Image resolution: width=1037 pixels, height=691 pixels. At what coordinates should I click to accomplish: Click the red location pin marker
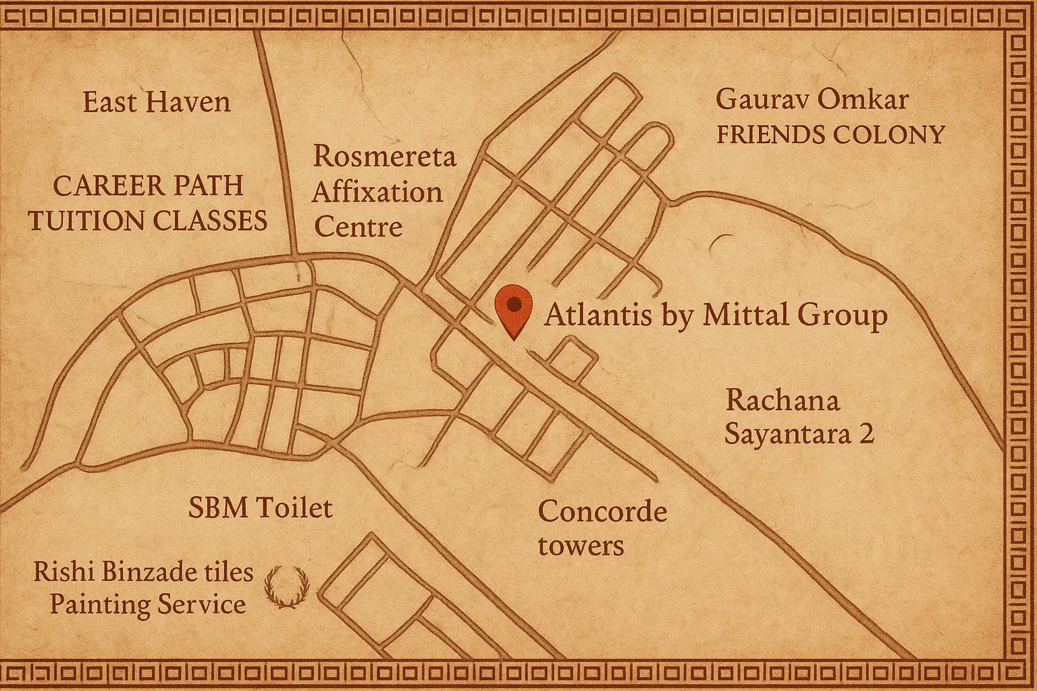pyautogui.click(x=514, y=310)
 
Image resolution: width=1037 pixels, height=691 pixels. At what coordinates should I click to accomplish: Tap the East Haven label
pyautogui.click(x=157, y=103)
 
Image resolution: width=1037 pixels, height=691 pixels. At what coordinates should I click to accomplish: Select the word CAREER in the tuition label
pyautogui.click(x=101, y=186)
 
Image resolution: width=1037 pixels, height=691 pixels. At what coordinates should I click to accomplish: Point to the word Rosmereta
pyautogui.click(x=384, y=157)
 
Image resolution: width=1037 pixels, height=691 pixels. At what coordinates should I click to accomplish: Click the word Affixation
pyautogui.click(x=377, y=192)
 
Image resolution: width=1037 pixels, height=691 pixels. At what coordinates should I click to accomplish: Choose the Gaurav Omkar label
pyautogui.click(x=812, y=100)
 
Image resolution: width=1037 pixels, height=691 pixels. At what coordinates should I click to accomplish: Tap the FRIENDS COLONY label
pyautogui.click(x=830, y=135)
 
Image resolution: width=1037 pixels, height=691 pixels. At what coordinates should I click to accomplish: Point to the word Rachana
pyautogui.click(x=782, y=401)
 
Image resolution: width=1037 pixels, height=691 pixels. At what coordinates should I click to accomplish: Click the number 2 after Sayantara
pyautogui.click(x=866, y=433)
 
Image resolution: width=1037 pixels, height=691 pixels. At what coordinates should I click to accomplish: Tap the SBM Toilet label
pyautogui.click(x=260, y=507)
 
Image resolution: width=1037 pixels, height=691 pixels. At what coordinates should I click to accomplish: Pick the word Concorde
pyautogui.click(x=602, y=512)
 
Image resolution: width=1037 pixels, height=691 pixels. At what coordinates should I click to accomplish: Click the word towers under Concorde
pyautogui.click(x=581, y=545)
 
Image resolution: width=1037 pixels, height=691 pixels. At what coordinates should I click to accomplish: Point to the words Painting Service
pyautogui.click(x=148, y=604)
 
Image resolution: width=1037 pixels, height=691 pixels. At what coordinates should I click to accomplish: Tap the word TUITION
pyautogui.click(x=88, y=221)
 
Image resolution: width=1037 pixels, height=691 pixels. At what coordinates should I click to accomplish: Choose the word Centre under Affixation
pyautogui.click(x=358, y=226)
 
